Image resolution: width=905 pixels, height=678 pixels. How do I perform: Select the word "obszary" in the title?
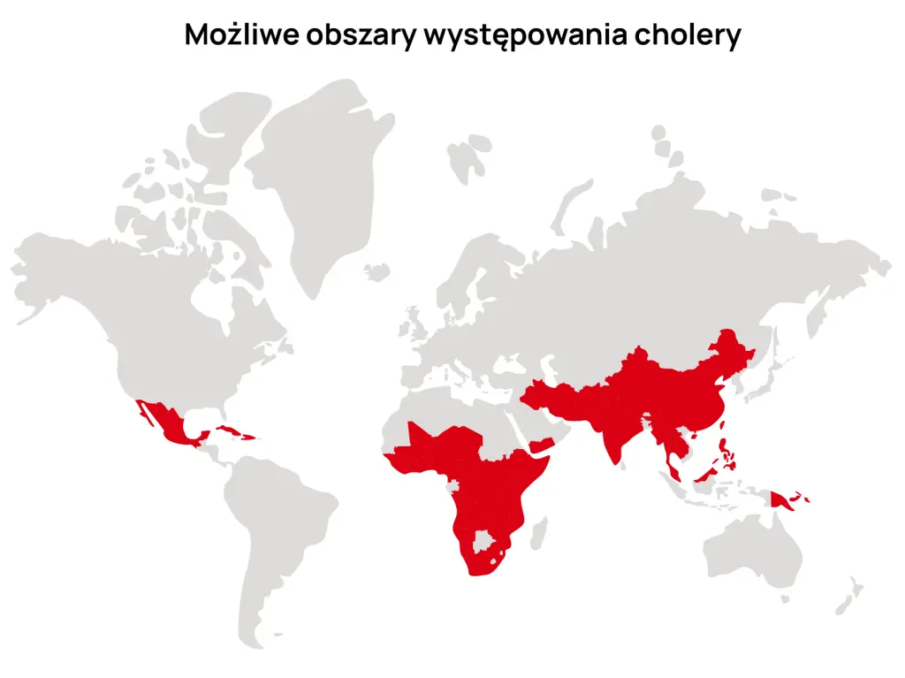pos(361,34)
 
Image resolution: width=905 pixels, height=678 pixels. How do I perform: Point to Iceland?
pos(378,269)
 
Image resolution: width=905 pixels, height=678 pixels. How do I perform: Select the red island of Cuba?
pos(232,430)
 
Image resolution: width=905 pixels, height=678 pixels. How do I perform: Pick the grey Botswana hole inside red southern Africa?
pos(483,539)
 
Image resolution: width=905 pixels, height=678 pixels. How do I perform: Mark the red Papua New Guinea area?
pos(781,501)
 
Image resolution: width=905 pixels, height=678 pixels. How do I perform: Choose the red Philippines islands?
pos(727,456)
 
